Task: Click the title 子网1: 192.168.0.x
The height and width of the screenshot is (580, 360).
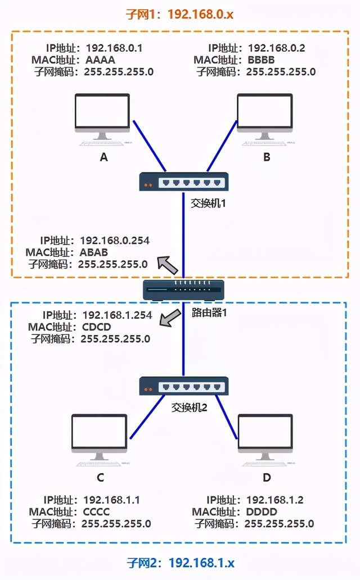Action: tap(180, 14)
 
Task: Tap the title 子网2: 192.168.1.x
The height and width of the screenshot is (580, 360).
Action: tap(180, 563)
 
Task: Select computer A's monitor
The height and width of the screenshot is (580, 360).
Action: tap(102, 112)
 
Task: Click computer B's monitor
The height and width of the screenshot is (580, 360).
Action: tap(264, 112)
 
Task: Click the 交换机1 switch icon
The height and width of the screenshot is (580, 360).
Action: tap(184, 182)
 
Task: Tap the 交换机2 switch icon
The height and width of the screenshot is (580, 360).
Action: tap(184, 386)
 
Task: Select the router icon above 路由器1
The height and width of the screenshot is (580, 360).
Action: tap(183, 290)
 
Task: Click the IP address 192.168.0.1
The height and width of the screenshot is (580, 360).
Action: tap(115, 48)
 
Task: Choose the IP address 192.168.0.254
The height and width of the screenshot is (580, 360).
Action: tap(115, 241)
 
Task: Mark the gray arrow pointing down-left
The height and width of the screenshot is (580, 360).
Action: tap(169, 319)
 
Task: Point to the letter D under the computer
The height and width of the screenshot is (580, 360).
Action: tap(267, 478)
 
